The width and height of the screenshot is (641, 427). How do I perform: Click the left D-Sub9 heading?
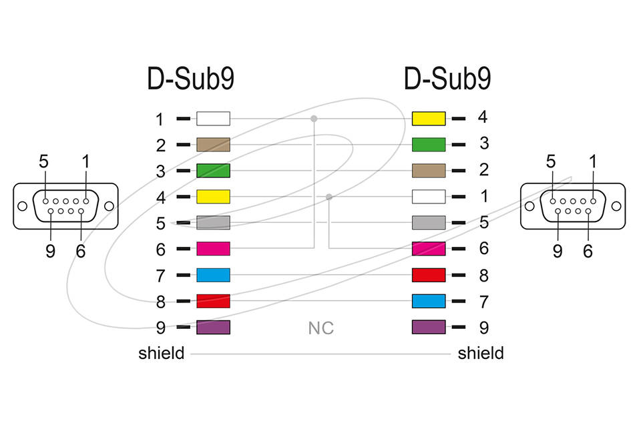[190, 79]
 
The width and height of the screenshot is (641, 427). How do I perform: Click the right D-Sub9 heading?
[447, 79]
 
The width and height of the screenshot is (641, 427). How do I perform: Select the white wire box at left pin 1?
[213, 119]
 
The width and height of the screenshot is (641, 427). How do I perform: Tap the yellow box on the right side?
[429, 119]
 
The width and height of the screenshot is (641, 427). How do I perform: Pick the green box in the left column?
[213, 171]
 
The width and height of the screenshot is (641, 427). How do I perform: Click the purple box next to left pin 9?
[213, 327]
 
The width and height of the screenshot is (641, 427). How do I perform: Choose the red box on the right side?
[429, 275]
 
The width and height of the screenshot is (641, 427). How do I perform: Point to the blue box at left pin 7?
[213, 275]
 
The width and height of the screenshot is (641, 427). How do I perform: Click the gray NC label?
[320, 328]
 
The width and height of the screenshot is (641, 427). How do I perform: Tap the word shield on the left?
[161, 353]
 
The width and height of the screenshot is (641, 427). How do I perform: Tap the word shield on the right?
[481, 353]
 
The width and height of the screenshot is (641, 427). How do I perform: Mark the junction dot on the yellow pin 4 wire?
[329, 197]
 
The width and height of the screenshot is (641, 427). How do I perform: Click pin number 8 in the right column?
[483, 275]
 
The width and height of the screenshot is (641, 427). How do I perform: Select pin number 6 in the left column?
[160, 250]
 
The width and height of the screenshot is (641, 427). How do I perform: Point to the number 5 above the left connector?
[43, 161]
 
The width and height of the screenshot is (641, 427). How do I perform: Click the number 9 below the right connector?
[558, 252]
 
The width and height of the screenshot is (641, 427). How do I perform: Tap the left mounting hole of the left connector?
[23, 206]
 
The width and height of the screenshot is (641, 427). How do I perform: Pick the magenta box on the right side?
[429, 249]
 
